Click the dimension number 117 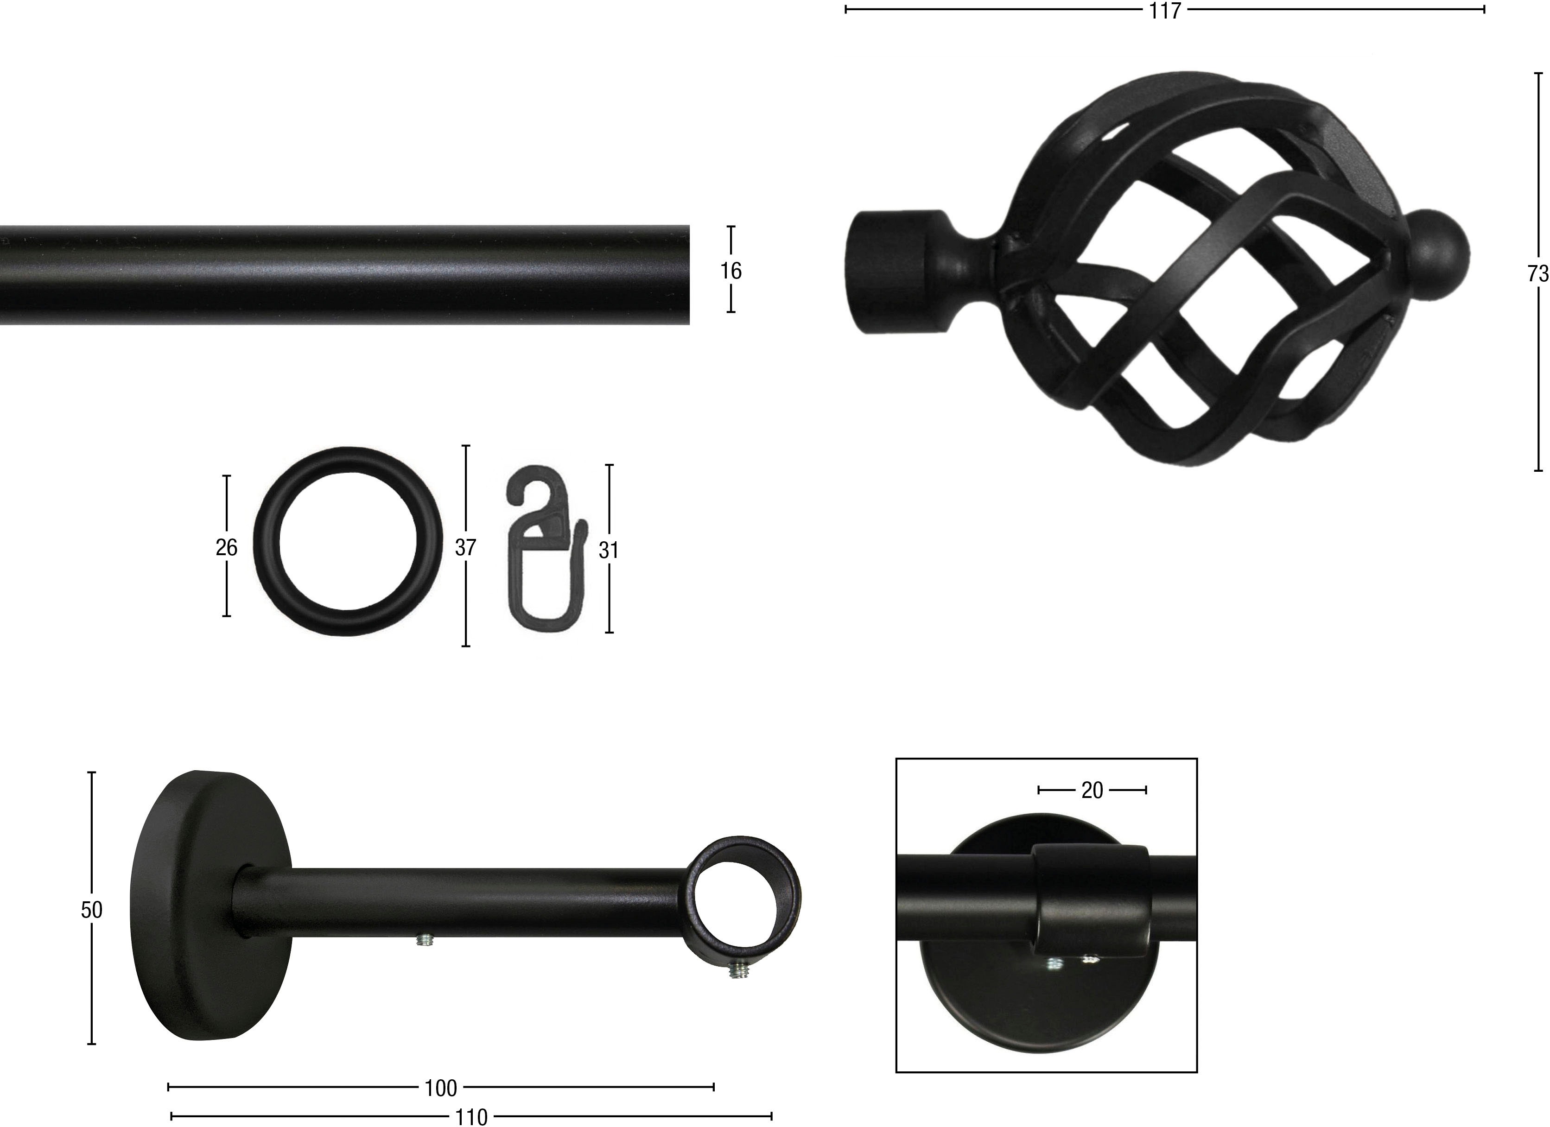1164,11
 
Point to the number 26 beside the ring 226,547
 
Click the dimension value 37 465,547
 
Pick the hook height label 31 608,550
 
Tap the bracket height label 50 92,910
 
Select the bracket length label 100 441,1088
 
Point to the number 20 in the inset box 1092,790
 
